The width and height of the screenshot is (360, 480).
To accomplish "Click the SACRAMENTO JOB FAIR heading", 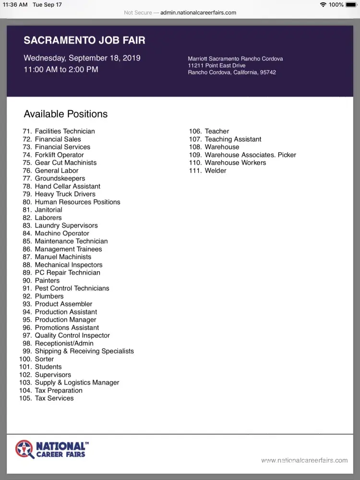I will [x=84, y=40].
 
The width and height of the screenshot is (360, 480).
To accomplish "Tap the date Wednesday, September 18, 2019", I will [x=82, y=58].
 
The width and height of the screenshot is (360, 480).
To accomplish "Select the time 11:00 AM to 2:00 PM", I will [x=61, y=70].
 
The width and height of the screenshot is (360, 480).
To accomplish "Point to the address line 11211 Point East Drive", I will [x=216, y=66].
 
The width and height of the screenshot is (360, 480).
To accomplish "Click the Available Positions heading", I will [x=66, y=114].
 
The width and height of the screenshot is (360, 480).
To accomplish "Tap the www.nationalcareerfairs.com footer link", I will [x=304, y=461].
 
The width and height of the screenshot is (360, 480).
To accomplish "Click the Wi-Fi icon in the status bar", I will [x=323, y=5].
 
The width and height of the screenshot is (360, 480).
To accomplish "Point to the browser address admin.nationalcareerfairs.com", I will [x=198, y=12].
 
